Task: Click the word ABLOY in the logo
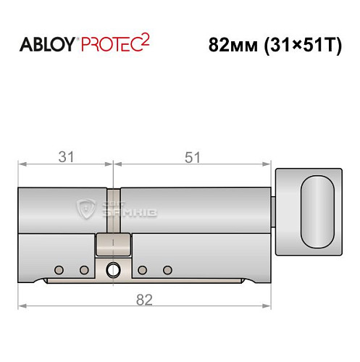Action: (45, 44)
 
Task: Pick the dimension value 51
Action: (193, 156)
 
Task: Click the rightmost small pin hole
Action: (167, 270)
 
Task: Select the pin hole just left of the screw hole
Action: (84, 270)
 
